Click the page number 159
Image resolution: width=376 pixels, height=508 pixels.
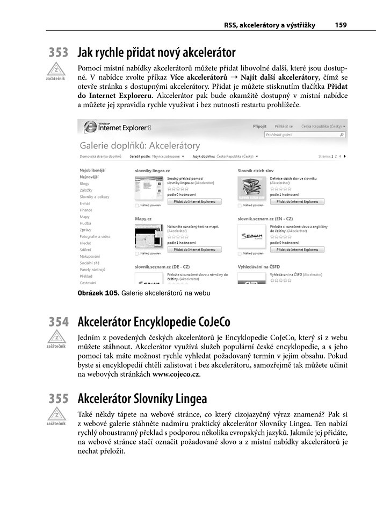coord(340,25)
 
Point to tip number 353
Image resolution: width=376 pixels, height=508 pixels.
coord(58,53)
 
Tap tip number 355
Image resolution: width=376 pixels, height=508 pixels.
coord(58,399)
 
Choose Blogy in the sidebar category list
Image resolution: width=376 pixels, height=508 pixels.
coord(85,184)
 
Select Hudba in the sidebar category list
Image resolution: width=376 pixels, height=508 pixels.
coord(85,223)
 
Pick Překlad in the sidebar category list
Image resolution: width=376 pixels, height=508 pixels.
coord(86,276)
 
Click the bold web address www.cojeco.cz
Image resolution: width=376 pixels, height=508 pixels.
coord(176,374)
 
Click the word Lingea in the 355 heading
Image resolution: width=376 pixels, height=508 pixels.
coord(188,399)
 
